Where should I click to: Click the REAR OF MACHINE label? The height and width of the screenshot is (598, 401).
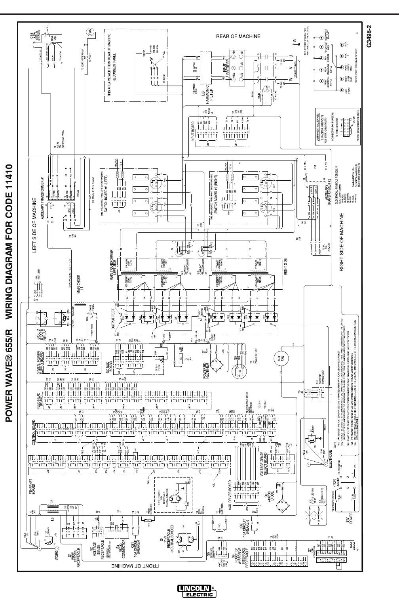click(x=238, y=36)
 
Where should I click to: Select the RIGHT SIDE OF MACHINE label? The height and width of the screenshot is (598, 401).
click(x=342, y=242)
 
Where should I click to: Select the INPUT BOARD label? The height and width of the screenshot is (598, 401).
click(x=194, y=131)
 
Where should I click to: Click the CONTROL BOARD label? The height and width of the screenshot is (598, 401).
click(x=35, y=432)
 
